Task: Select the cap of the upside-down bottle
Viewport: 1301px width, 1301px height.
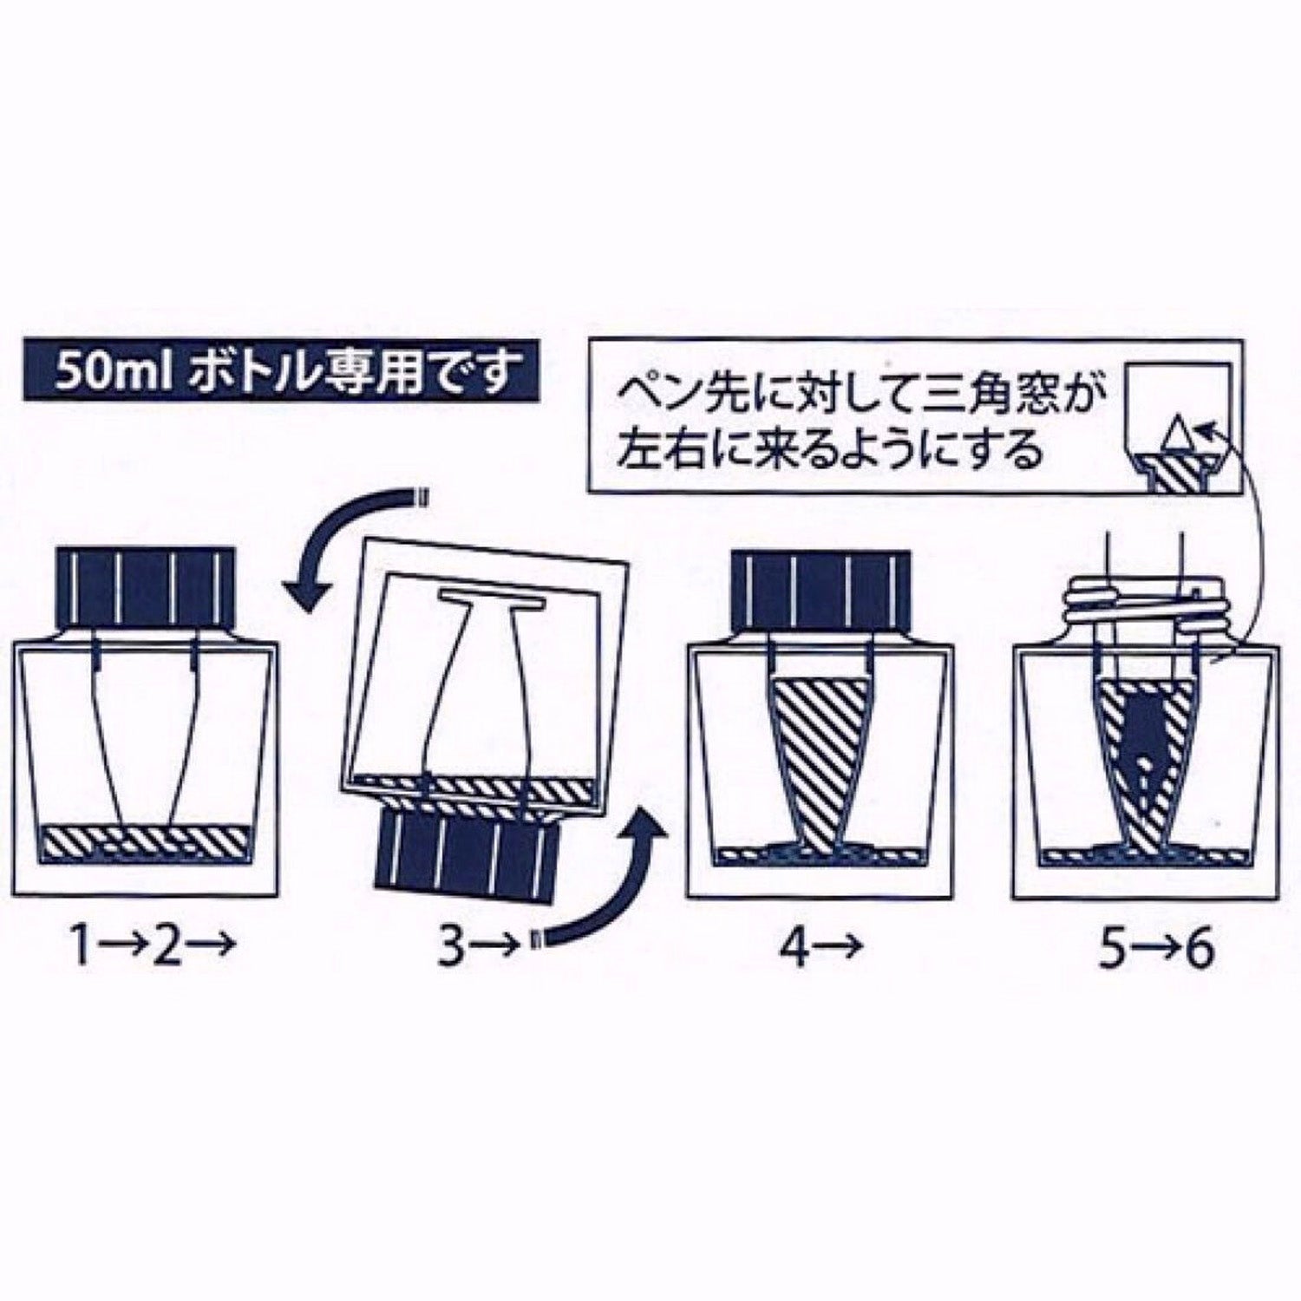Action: point(464,853)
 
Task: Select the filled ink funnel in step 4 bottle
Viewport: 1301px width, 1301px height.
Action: point(820,755)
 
